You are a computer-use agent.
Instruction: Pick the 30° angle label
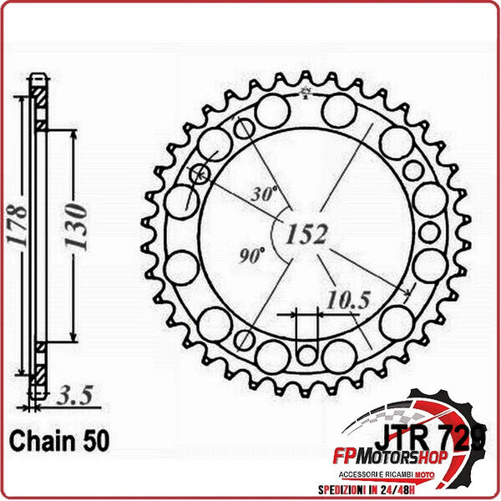coord(263,195)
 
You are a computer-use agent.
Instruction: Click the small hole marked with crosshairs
coord(200,175)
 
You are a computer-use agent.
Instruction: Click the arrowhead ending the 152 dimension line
coord(407,293)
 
